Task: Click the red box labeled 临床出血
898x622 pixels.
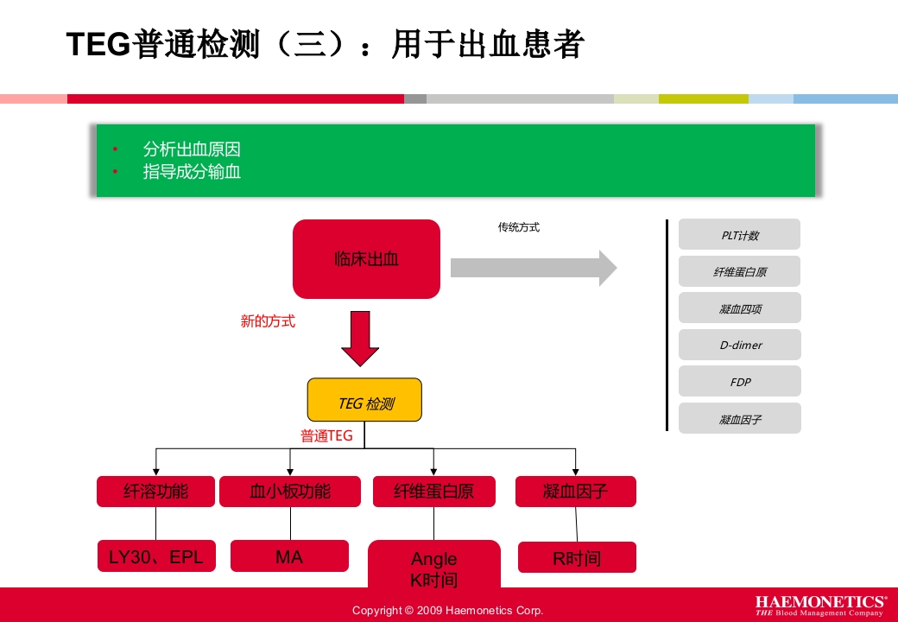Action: pyautogui.click(x=366, y=259)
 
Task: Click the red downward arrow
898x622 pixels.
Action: pyautogui.click(x=360, y=339)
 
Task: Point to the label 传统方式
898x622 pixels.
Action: pyautogui.click(x=519, y=228)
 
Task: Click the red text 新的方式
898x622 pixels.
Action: pyautogui.click(x=268, y=321)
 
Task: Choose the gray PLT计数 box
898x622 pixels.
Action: pyautogui.click(x=739, y=235)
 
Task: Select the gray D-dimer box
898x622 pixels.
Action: pyautogui.click(x=740, y=345)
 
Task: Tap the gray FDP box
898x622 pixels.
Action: pyautogui.click(x=740, y=382)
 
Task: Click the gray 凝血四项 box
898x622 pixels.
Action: pyautogui.click(x=740, y=308)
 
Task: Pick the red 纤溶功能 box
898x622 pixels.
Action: pyautogui.click(x=155, y=492)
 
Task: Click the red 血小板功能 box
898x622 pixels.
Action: pyautogui.click(x=290, y=492)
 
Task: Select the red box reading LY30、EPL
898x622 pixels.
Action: pyautogui.click(x=155, y=557)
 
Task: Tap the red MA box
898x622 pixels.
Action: pyautogui.click(x=289, y=557)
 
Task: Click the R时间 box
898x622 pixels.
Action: pyautogui.click(x=577, y=558)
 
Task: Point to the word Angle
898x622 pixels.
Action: pyautogui.click(x=433, y=559)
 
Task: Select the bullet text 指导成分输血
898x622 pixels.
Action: pyautogui.click(x=192, y=172)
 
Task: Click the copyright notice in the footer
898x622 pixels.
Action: pyautogui.click(x=447, y=611)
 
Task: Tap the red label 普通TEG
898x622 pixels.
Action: pyautogui.click(x=326, y=436)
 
